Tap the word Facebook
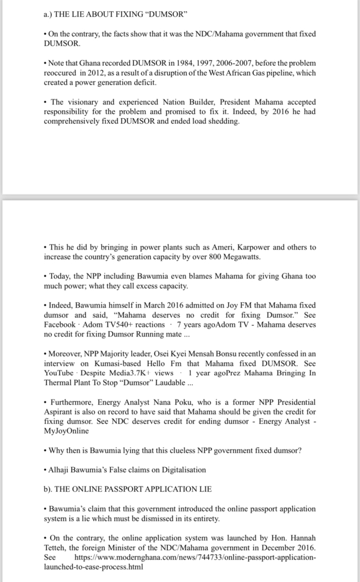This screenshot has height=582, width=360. click(x=59, y=325)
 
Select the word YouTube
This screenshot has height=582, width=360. click(x=59, y=374)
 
